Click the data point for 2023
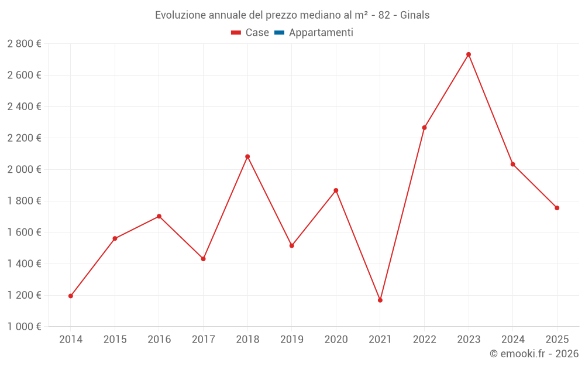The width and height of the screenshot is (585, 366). pyautogui.click(x=469, y=54)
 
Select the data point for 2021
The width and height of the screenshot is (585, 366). pyautogui.click(x=380, y=300)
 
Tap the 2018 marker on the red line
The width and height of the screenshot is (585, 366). pyautogui.click(x=247, y=156)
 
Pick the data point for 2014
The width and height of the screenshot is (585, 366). pyautogui.click(x=71, y=296)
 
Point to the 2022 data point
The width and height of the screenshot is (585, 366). pyautogui.click(x=424, y=128)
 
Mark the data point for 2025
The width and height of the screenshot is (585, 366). pyautogui.click(x=557, y=208)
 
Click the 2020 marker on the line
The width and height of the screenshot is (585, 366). pyautogui.click(x=336, y=190)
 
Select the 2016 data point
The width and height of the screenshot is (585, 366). pyautogui.click(x=159, y=216)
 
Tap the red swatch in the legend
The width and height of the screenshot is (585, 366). pyautogui.click(x=236, y=33)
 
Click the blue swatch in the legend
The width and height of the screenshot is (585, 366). pyautogui.click(x=279, y=33)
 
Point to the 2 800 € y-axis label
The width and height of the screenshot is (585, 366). pyautogui.click(x=24, y=44)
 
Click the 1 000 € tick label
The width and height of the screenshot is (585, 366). pyautogui.click(x=24, y=327)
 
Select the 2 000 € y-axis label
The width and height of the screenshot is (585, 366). pyautogui.click(x=24, y=169)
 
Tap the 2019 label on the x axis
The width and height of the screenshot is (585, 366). pyautogui.click(x=292, y=340)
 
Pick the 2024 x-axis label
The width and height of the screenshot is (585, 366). pyautogui.click(x=512, y=340)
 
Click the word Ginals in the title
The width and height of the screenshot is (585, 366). pyautogui.click(x=415, y=15)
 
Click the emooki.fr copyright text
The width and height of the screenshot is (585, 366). pyautogui.click(x=534, y=354)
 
